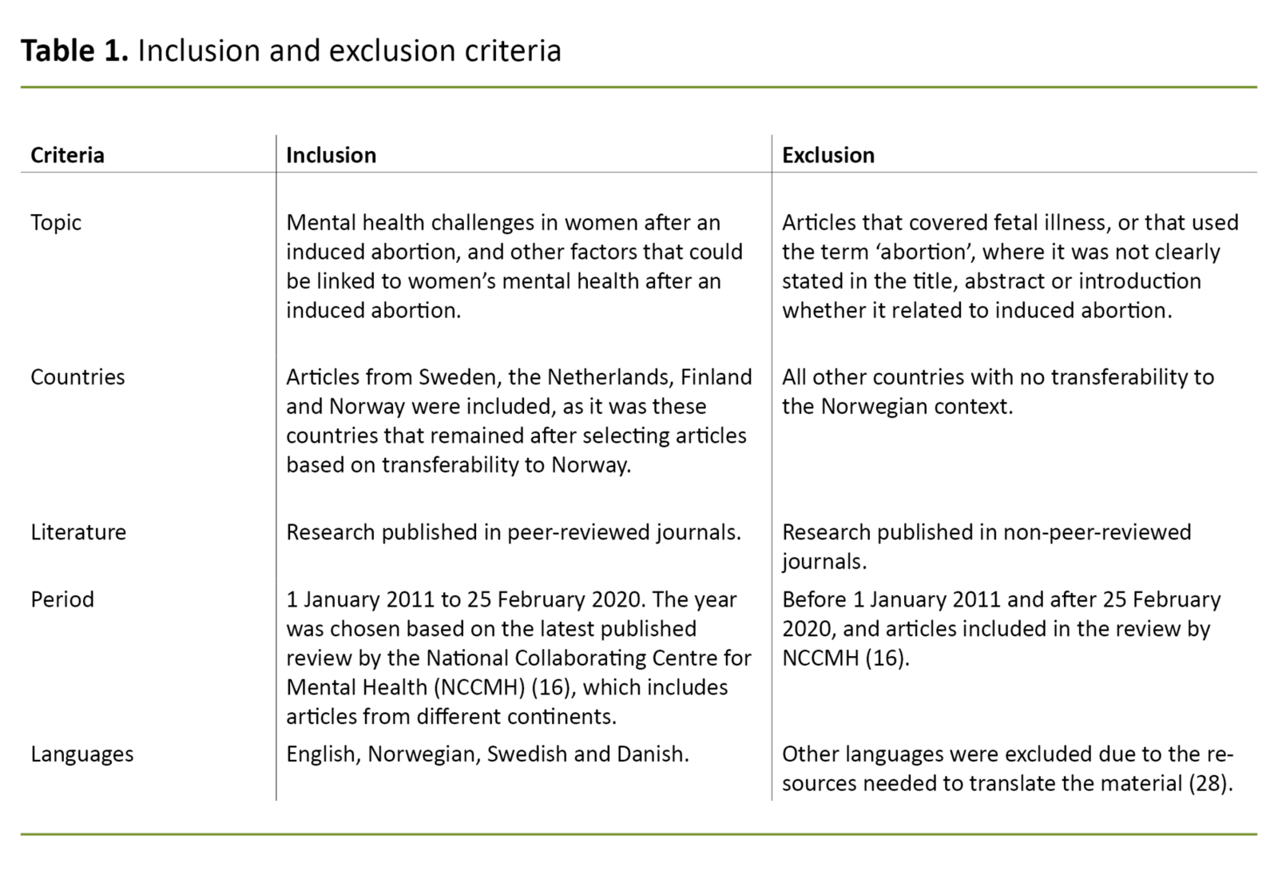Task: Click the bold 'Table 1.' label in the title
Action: [x=74, y=50]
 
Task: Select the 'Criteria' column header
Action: [x=67, y=155]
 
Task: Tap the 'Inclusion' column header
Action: [x=331, y=155]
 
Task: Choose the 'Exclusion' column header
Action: [x=828, y=155]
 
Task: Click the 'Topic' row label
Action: [x=56, y=222]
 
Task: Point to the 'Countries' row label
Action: [x=77, y=377]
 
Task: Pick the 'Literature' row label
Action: [x=78, y=532]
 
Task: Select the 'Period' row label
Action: [x=62, y=599]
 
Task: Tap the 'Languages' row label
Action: [x=82, y=754]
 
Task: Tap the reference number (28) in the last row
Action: [x=1209, y=784]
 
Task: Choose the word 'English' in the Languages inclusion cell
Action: [x=320, y=754]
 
